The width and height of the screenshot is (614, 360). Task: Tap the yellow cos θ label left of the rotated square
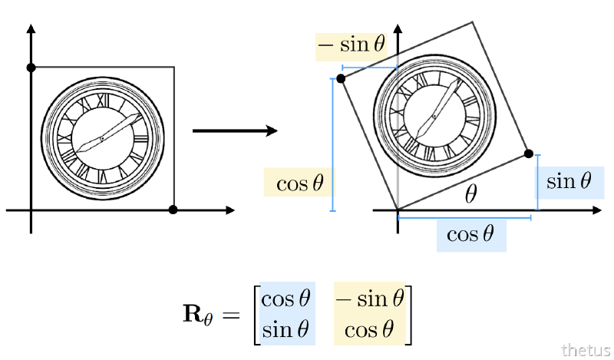299,183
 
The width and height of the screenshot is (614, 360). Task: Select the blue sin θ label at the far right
569,181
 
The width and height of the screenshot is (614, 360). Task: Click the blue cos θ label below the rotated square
470,234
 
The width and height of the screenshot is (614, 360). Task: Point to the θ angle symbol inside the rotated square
470,195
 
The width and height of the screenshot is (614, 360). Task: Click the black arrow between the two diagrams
234,131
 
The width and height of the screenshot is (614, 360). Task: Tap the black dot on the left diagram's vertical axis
31,68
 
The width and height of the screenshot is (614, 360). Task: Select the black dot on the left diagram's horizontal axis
173,210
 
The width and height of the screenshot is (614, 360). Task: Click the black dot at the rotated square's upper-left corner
341,78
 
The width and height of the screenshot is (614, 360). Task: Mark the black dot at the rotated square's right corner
528,154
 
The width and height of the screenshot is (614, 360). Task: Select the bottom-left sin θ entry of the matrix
286,330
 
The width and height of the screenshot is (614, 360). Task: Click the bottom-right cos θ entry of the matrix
370,330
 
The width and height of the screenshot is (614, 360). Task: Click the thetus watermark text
586,350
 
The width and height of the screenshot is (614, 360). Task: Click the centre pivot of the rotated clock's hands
434,116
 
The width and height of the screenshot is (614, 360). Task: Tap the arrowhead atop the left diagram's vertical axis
31,30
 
